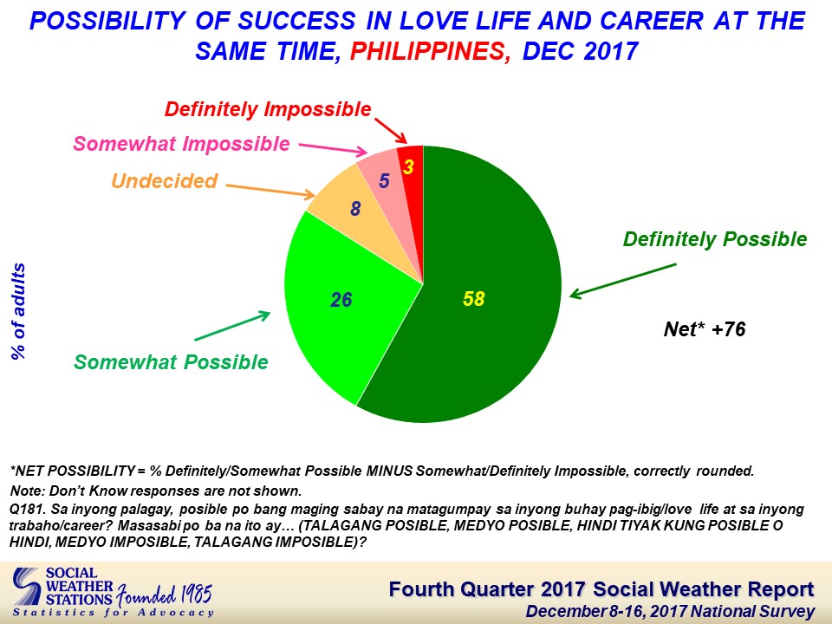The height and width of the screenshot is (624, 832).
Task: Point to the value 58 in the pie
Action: (474, 299)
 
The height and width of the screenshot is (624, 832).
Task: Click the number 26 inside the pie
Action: (341, 300)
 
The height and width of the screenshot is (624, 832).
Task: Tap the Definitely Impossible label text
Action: (268, 109)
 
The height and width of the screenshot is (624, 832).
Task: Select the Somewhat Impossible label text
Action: (181, 144)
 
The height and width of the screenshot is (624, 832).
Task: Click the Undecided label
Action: (165, 181)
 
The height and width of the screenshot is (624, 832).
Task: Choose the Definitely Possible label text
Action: (715, 239)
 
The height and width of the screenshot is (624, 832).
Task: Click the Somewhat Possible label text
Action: (171, 362)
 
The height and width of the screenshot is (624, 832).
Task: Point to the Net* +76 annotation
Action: (705, 329)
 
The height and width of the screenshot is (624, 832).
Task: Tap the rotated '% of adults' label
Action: (18, 311)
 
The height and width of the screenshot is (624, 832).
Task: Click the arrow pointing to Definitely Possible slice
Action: (623, 280)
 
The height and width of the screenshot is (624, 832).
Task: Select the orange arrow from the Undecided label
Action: (270, 191)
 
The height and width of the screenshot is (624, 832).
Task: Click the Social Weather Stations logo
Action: (113, 592)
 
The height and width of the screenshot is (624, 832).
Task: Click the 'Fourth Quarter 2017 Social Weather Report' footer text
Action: (601, 589)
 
